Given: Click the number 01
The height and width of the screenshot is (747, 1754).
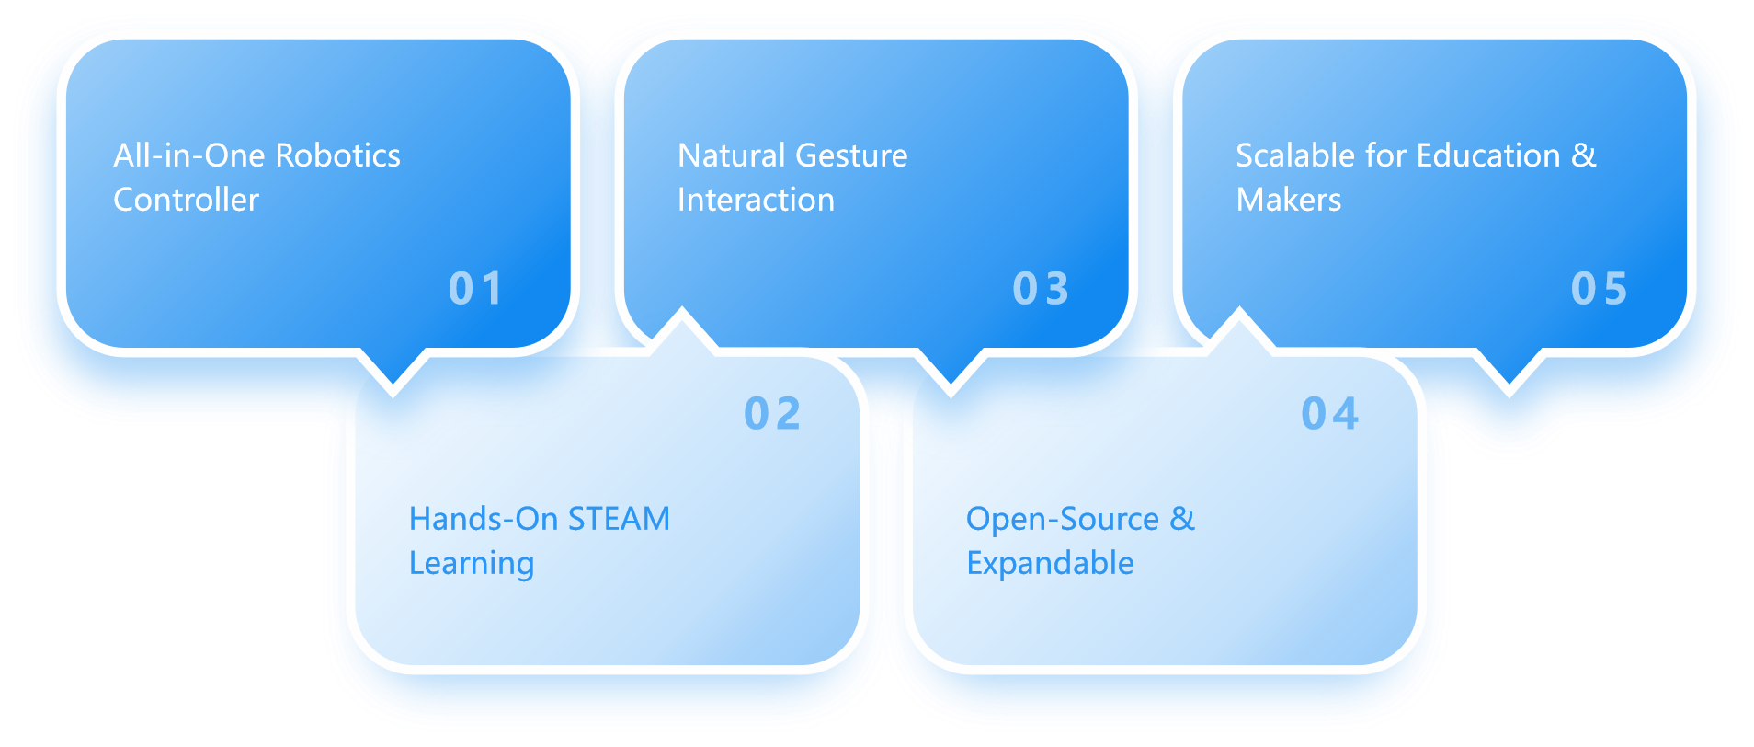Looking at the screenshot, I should [475, 289].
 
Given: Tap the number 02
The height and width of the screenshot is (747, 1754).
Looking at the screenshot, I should [772, 414].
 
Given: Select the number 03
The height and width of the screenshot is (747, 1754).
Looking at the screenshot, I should [1041, 289].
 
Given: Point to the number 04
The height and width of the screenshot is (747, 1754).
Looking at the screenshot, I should [1329, 414].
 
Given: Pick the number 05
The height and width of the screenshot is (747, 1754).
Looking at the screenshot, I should [1599, 289].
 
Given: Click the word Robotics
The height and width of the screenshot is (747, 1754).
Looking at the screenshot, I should [337, 155].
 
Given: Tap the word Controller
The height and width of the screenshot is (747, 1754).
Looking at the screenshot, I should [186, 200].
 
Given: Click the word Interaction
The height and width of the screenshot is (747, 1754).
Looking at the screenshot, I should [756, 200].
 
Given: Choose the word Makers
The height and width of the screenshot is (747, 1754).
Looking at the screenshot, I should [1288, 200].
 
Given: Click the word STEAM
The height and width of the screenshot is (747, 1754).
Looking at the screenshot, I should [619, 519].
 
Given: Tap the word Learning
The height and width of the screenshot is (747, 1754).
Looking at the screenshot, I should [471, 563].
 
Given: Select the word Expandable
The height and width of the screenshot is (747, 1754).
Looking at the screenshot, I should [1050, 563].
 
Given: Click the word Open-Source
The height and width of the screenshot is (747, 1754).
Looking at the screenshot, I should [1062, 519].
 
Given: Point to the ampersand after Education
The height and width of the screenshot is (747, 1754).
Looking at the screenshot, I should [1584, 155].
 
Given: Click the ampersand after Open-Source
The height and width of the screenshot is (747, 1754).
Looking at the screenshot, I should [1182, 519].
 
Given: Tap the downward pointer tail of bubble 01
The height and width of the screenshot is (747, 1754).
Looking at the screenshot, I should [393, 375].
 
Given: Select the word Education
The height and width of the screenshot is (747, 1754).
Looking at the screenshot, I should [1488, 155].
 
